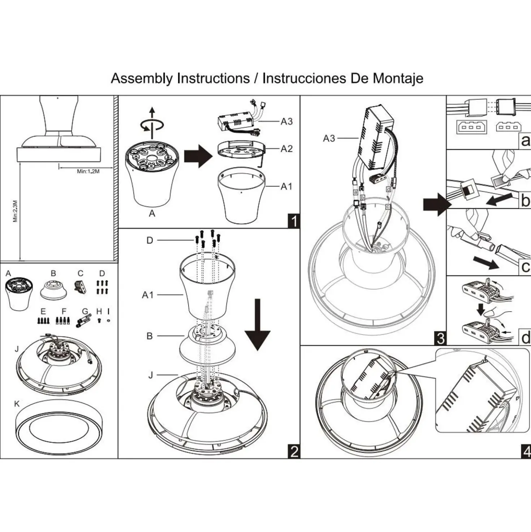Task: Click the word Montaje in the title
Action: (x=398, y=79)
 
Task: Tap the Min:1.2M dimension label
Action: (x=88, y=171)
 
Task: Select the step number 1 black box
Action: (x=294, y=221)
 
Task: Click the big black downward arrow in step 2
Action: (x=257, y=325)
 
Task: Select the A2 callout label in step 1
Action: (x=286, y=149)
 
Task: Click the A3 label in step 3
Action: (x=329, y=138)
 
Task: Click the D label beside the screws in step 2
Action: (x=150, y=241)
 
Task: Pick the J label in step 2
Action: (x=151, y=375)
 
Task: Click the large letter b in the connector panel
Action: (x=525, y=200)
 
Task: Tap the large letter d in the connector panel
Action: (x=525, y=338)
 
